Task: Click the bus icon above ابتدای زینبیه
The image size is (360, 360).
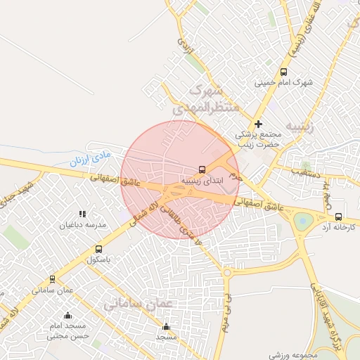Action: (x=202, y=169)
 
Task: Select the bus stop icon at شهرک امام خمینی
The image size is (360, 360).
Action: (x=283, y=72)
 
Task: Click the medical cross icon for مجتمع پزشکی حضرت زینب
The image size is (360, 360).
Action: (x=258, y=124)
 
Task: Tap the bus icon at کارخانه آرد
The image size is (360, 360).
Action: (x=339, y=217)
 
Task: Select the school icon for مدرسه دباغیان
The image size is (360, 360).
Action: (x=82, y=214)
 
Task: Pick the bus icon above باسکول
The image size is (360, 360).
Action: (x=98, y=249)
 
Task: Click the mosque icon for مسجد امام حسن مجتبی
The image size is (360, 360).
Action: (x=67, y=315)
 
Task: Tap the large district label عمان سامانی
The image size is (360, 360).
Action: (x=134, y=304)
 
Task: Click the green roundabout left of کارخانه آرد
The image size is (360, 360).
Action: (x=303, y=221)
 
